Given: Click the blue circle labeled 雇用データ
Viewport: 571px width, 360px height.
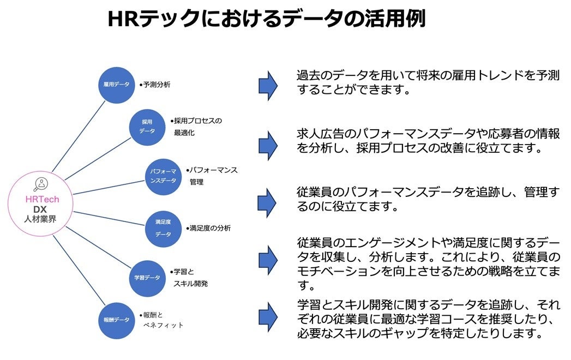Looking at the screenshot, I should (117, 85).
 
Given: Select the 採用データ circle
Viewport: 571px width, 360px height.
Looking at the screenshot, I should (147, 127).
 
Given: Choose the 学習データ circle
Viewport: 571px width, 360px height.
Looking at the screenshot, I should (147, 278).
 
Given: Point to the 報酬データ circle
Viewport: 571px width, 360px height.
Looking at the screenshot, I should (117, 320).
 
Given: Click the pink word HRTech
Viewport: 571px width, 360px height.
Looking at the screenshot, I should (41, 200).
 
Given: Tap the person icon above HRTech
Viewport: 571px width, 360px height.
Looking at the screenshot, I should (41, 184).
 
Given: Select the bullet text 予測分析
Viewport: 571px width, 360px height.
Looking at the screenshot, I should (155, 85).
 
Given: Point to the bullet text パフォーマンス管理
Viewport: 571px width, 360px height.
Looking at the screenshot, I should (213, 176).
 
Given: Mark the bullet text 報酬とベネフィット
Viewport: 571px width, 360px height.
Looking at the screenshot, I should (161, 320).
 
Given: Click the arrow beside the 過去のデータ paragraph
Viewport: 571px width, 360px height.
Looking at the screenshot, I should (268, 85).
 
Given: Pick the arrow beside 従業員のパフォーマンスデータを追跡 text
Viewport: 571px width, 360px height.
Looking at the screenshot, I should (268, 201).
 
